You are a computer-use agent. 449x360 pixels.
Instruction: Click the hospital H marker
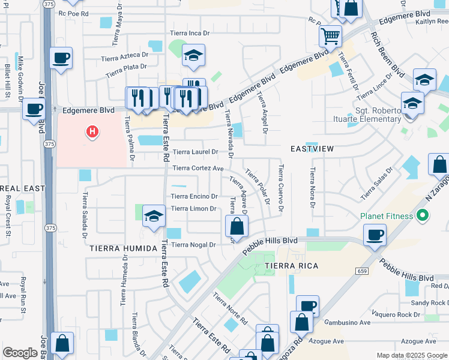pyautogui.click(x=92, y=130)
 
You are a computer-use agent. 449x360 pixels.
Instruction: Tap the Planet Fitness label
pyautogui.click(x=387, y=216)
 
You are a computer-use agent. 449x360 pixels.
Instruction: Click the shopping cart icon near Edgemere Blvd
pyautogui.click(x=330, y=37)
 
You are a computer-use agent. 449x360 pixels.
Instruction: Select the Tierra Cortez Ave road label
pyautogui.click(x=198, y=169)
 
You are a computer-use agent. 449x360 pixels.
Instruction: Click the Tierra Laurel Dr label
pyautogui.click(x=195, y=152)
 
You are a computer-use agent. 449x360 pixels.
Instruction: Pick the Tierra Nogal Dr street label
pyautogui.click(x=193, y=245)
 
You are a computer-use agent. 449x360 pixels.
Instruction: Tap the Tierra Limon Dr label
pyautogui.click(x=193, y=208)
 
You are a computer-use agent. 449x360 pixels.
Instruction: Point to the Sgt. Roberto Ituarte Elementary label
pyautogui.click(x=367, y=114)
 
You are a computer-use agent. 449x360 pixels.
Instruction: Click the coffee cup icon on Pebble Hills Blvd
pyautogui.click(x=375, y=235)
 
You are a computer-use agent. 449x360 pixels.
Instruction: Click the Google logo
pyautogui.click(x=20, y=353)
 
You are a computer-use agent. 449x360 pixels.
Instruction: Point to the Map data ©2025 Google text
pyautogui.click(x=412, y=355)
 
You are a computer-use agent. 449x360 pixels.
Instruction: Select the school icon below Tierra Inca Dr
pyautogui.click(x=193, y=56)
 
